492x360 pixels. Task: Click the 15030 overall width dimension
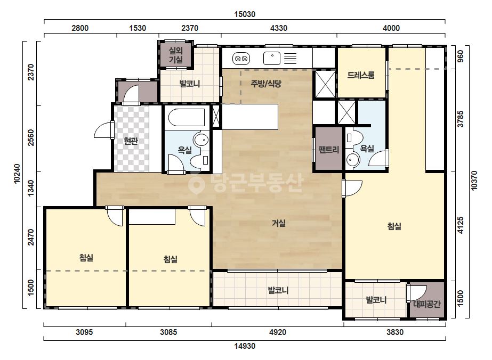[245, 14]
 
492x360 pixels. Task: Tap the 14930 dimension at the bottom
[245, 346]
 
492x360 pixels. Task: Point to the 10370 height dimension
[474, 181]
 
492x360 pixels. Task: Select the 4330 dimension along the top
[279, 28]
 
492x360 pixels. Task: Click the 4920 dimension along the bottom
[278, 332]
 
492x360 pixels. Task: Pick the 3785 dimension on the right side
[461, 119]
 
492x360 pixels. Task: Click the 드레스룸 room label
[361, 75]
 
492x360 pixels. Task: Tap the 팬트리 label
[329, 150]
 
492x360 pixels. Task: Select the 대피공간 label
[427, 304]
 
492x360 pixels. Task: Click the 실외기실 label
[176, 55]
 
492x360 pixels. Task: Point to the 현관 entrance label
[131, 141]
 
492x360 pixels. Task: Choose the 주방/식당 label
[266, 84]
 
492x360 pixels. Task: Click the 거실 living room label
[279, 223]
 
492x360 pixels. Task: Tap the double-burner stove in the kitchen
[241, 59]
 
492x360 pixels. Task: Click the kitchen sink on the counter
[272, 59]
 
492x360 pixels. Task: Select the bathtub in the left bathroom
[187, 117]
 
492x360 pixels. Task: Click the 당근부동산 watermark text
[246, 183]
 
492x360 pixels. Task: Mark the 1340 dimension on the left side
[31, 188]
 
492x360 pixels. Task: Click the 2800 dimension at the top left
[80, 28]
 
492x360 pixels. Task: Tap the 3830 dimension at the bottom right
[395, 332]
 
